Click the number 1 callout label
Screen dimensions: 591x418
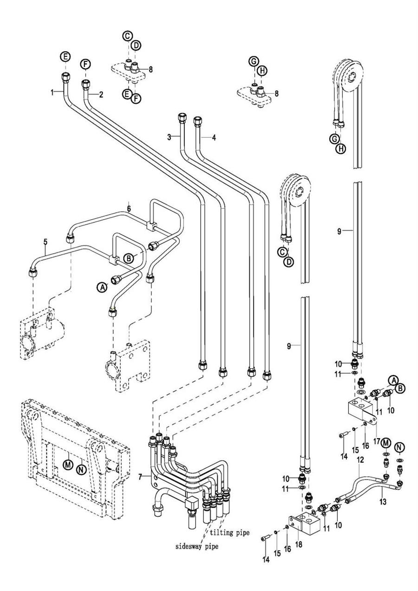pos(52,92)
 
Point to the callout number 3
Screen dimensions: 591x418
pos(170,137)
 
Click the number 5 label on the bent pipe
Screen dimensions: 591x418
pos(45,242)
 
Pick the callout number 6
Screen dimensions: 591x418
pos(129,204)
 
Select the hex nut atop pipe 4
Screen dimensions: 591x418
pos(197,120)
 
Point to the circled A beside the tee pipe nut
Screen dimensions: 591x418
pos(101,288)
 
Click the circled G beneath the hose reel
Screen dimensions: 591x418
pos(334,139)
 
